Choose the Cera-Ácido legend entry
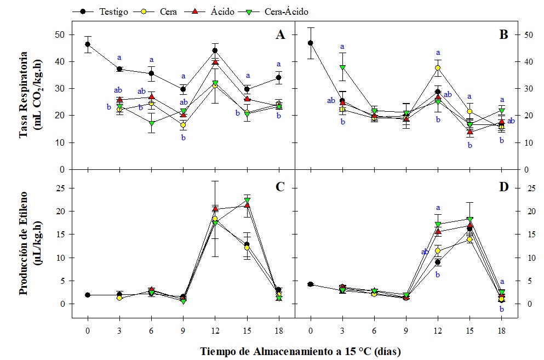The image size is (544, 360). click(285, 11)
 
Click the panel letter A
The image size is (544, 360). click(280, 35)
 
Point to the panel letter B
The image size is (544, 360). click(503, 35)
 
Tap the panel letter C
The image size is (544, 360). click(280, 187)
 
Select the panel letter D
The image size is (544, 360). click(503, 187)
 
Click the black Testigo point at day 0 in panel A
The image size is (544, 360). click(88, 44)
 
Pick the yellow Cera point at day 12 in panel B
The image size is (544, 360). click(438, 68)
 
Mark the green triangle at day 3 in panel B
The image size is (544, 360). click(342, 67)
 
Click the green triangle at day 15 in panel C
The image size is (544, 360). click(247, 200)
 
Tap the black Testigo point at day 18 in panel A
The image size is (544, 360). click(278, 78)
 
